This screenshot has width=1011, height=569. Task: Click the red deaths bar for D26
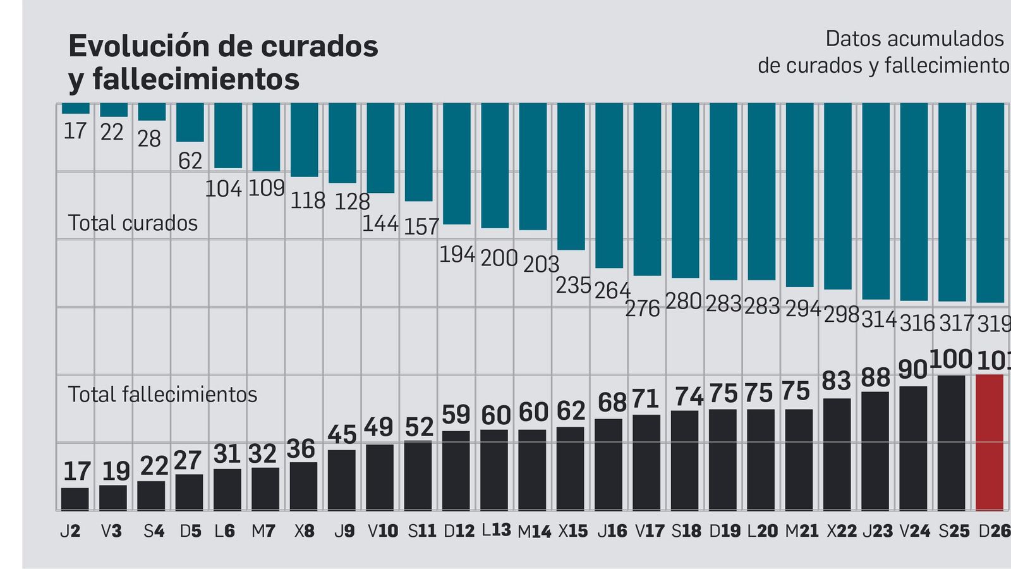point(990,442)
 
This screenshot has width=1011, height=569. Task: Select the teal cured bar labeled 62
point(190,122)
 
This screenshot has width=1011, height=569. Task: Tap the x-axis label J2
point(70,531)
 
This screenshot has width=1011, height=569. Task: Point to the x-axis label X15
point(572,531)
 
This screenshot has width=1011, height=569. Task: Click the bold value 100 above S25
point(950,359)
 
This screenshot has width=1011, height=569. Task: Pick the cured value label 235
point(573,286)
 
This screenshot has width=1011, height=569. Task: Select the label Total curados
point(133,223)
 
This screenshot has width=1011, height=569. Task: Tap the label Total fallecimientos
point(162,395)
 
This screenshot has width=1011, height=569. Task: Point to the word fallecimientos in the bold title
point(197,80)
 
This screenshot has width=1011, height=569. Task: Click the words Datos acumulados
point(914,39)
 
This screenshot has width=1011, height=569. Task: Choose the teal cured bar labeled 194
point(456,163)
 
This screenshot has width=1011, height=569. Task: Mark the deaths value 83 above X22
point(837,381)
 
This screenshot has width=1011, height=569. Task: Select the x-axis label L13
point(496,530)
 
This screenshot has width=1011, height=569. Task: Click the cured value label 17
point(75,131)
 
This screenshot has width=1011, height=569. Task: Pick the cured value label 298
point(841,314)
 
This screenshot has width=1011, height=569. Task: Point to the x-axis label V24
point(914,531)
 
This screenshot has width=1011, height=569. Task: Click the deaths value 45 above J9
point(342,435)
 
